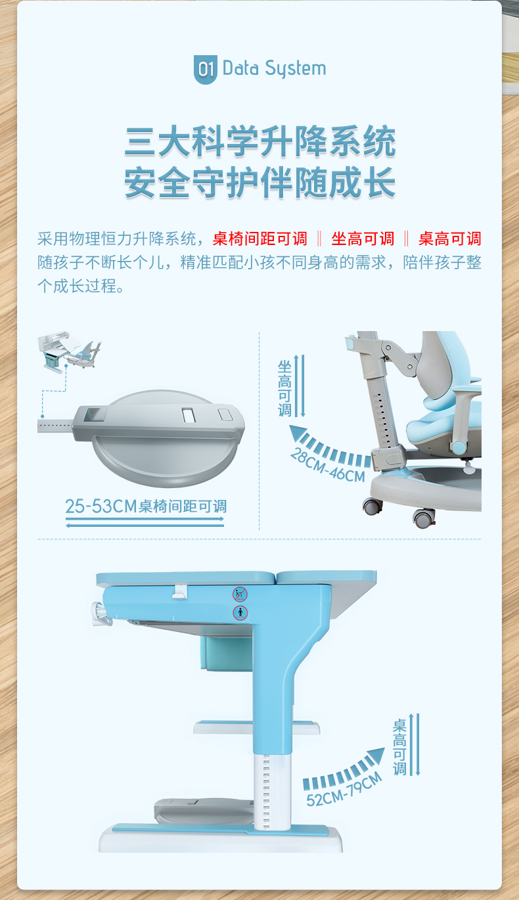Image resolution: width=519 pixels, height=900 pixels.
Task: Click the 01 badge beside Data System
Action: pos(205,69)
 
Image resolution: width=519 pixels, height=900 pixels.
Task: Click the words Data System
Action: pos(274,69)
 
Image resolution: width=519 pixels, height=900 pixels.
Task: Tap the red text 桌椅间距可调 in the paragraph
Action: pos(260,238)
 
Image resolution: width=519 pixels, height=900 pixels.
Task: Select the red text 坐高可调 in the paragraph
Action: pos(363,238)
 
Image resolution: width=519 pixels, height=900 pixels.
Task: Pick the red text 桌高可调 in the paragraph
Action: pos(449,238)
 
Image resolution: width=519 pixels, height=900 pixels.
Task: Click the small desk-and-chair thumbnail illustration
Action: pos(69,351)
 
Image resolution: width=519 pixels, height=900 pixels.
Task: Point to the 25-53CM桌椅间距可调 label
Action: pos(146,506)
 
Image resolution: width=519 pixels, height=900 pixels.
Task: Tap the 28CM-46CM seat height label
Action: pos(327,466)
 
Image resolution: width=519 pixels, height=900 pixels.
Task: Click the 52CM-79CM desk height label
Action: pos(344,790)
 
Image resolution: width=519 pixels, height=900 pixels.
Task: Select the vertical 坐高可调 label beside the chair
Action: pos(284,388)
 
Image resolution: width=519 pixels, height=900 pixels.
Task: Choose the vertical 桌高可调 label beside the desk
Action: pos(399,747)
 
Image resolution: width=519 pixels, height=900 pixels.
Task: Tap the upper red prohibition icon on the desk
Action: pos(240,594)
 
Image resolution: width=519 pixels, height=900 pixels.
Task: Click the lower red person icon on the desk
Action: pos(240,613)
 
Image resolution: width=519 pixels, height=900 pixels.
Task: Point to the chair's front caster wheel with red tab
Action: pos(424,518)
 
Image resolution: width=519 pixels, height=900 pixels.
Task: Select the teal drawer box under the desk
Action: pos(227,653)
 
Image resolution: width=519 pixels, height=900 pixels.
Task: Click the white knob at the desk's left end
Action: pos(101,614)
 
